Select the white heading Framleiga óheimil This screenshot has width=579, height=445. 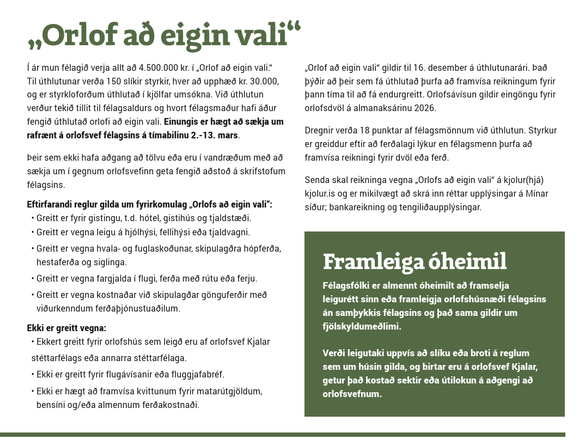pyautogui.click(x=415, y=261)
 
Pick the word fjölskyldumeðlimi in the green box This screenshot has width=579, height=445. pyautogui.click(x=361, y=326)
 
